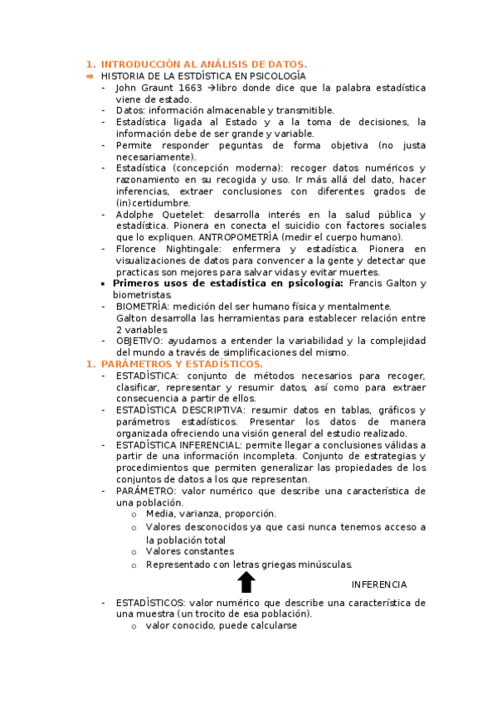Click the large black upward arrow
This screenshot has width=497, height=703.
point(246,581)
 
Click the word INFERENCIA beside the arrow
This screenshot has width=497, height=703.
point(379,584)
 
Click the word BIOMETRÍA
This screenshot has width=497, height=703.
point(143,306)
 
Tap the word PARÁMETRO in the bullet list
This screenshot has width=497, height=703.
point(145,492)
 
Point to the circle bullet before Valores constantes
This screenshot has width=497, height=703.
point(134,551)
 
